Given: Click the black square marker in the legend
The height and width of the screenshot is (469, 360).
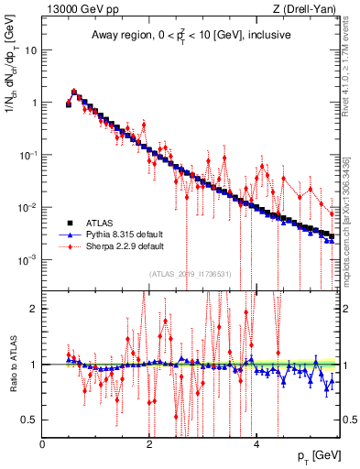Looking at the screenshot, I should coord(69,223).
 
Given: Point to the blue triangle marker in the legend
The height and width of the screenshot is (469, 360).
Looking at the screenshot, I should coord(69,234).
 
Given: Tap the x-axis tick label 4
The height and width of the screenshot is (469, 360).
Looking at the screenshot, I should coord(256,445).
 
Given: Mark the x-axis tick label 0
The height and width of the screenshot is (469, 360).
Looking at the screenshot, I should coord(43,445).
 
